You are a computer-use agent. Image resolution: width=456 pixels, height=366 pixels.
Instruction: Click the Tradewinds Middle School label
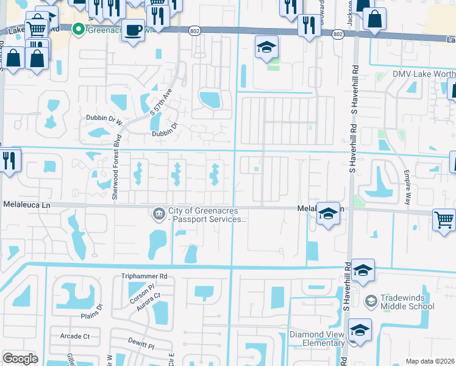[x=408, y=301]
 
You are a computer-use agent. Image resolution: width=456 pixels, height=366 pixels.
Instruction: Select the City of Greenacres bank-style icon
[x=159, y=213]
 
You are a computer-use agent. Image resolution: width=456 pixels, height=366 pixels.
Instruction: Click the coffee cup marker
[x=133, y=30]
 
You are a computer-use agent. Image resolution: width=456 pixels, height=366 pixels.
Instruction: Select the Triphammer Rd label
[x=144, y=276]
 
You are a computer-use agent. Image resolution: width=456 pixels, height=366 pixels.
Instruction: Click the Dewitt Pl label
[x=141, y=344]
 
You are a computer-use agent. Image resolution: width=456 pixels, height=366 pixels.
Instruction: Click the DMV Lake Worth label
[x=423, y=74]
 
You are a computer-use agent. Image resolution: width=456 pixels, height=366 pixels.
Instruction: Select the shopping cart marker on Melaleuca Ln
[x=444, y=220]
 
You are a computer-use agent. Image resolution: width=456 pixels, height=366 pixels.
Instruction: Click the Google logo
[x=20, y=358]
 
